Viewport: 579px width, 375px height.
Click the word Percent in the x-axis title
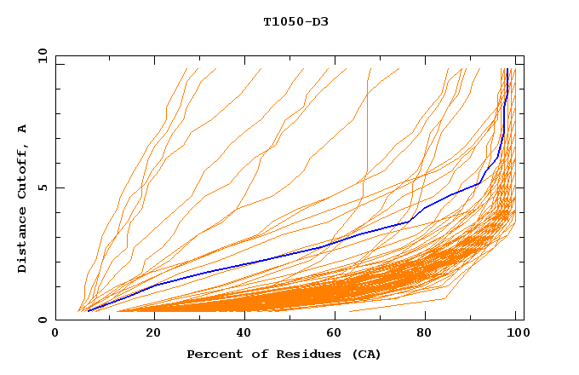(x=212, y=354)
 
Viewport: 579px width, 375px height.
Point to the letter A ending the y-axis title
(x=23, y=129)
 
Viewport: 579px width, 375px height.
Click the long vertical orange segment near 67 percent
(x=368, y=128)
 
